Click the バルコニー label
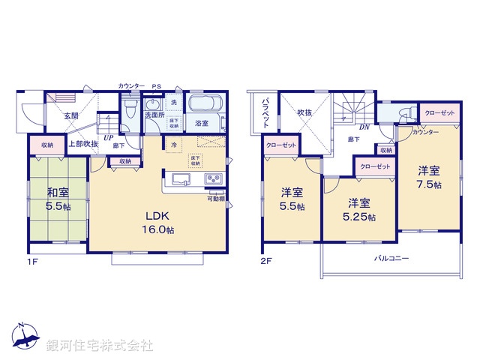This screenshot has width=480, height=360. (x=392, y=257)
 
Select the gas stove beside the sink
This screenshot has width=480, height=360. (x=212, y=178)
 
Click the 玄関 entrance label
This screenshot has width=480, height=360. (x=71, y=115)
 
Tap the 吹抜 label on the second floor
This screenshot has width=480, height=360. (x=304, y=112)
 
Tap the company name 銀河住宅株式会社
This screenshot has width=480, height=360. (x=100, y=346)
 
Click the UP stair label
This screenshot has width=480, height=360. (x=108, y=138)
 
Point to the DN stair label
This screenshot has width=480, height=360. (x=364, y=127)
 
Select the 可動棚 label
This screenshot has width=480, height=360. (x=216, y=197)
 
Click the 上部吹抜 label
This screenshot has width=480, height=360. (x=83, y=143)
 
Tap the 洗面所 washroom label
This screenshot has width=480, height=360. (x=154, y=115)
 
